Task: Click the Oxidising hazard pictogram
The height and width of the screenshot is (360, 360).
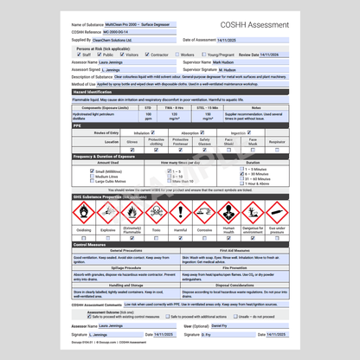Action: pyautogui.click(x=84, y=213)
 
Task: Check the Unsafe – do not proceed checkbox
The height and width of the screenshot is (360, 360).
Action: pyautogui.click(x=235, y=317)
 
